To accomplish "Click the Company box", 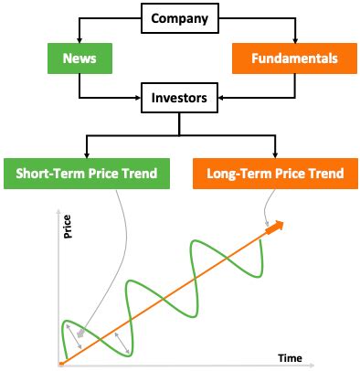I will (x=179, y=17).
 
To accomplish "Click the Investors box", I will (x=179, y=95).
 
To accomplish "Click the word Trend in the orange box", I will (x=324, y=173).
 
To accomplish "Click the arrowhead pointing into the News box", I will (x=79, y=42).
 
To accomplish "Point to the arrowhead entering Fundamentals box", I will (x=294, y=42).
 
